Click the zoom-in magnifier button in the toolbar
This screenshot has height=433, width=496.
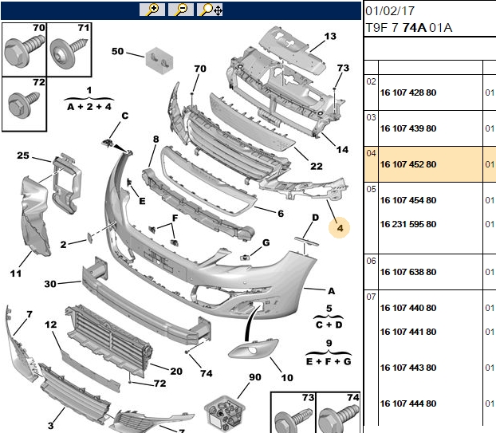coord(152,10)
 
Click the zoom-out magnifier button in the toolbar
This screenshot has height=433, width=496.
coord(181,10)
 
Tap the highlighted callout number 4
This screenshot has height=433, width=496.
coord(340,228)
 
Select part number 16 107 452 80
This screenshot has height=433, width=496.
coord(408,164)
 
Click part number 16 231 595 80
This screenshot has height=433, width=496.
coord(408,224)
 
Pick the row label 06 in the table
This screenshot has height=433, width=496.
coord(371,262)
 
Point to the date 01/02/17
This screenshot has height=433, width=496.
coord(390,11)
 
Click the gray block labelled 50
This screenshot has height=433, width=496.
coord(159,61)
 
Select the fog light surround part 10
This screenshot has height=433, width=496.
coord(253,348)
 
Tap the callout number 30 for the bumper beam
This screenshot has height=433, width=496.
coord(50,284)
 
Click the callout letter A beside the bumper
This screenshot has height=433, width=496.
coord(331,291)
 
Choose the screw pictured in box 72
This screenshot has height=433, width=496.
coord(23,103)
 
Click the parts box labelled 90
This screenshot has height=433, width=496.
coord(224,413)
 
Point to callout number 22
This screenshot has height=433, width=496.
coord(317,167)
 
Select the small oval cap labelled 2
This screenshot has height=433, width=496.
coord(90,238)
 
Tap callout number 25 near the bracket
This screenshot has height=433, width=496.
coord(23,155)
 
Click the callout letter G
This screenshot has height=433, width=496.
coord(266,242)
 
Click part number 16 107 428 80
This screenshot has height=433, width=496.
coord(408,93)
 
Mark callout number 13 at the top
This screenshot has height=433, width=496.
coord(330,37)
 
